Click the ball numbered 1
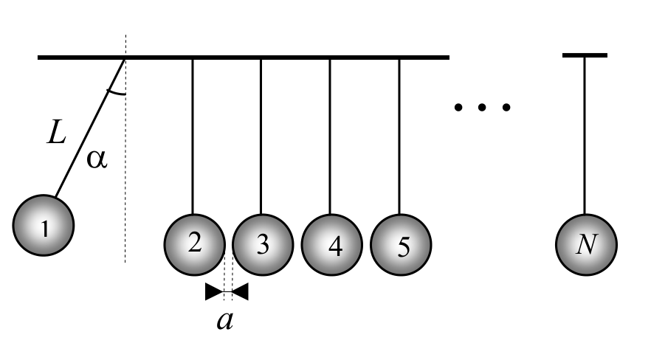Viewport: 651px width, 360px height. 44,225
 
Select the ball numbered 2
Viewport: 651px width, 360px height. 195,245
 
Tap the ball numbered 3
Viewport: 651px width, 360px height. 263,245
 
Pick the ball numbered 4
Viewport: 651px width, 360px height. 331,245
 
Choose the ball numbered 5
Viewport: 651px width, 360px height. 401,245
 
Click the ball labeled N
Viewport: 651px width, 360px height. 586,245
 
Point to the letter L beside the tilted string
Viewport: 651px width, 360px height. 56,132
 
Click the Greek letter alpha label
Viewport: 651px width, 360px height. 97,159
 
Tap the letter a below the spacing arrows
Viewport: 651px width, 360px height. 225,321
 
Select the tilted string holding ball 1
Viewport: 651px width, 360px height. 90,128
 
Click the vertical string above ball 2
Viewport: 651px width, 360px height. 193,136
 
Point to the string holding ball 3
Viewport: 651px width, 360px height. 261,136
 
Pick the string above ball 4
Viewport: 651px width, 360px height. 330,136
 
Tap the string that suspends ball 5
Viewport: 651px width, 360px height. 399,136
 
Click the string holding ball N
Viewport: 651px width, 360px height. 585,135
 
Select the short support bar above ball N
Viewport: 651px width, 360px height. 585,55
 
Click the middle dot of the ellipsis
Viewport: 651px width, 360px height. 482,108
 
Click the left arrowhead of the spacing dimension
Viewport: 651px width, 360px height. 215,291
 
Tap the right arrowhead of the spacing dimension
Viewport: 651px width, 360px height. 241,291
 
